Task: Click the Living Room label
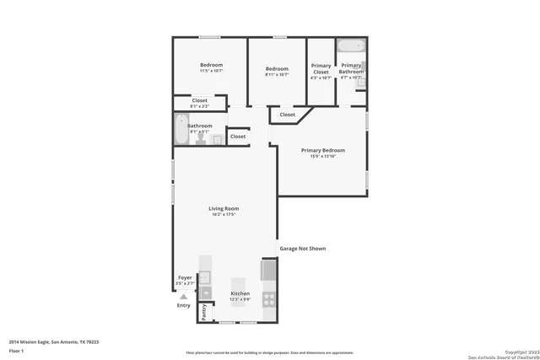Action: point(224,208)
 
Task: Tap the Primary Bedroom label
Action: point(322,151)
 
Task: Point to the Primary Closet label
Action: point(321,69)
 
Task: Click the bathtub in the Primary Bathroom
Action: point(349,46)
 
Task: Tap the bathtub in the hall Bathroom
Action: point(181,131)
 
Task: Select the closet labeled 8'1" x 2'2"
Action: point(199,102)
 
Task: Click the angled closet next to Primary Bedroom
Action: point(288,115)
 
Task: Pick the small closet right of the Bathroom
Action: point(238,136)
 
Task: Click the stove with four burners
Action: point(268,298)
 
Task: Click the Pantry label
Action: point(203,312)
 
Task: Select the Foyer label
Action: point(184,277)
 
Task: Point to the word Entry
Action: point(183,305)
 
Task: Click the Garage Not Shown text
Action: point(302,249)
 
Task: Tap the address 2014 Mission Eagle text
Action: point(51,341)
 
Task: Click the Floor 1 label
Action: point(15,350)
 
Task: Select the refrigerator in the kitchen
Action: point(268,270)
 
